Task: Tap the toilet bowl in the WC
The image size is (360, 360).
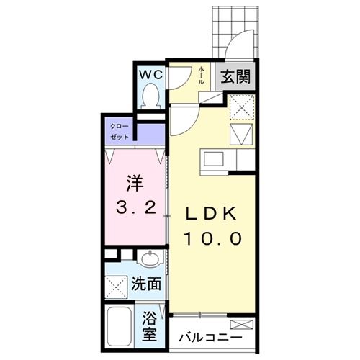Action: (151, 95)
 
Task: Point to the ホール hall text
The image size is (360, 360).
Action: (201, 73)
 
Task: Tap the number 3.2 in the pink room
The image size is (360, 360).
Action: (135, 209)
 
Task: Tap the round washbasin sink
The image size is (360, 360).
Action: (150, 260)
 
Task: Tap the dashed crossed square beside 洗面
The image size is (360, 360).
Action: (116, 286)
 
